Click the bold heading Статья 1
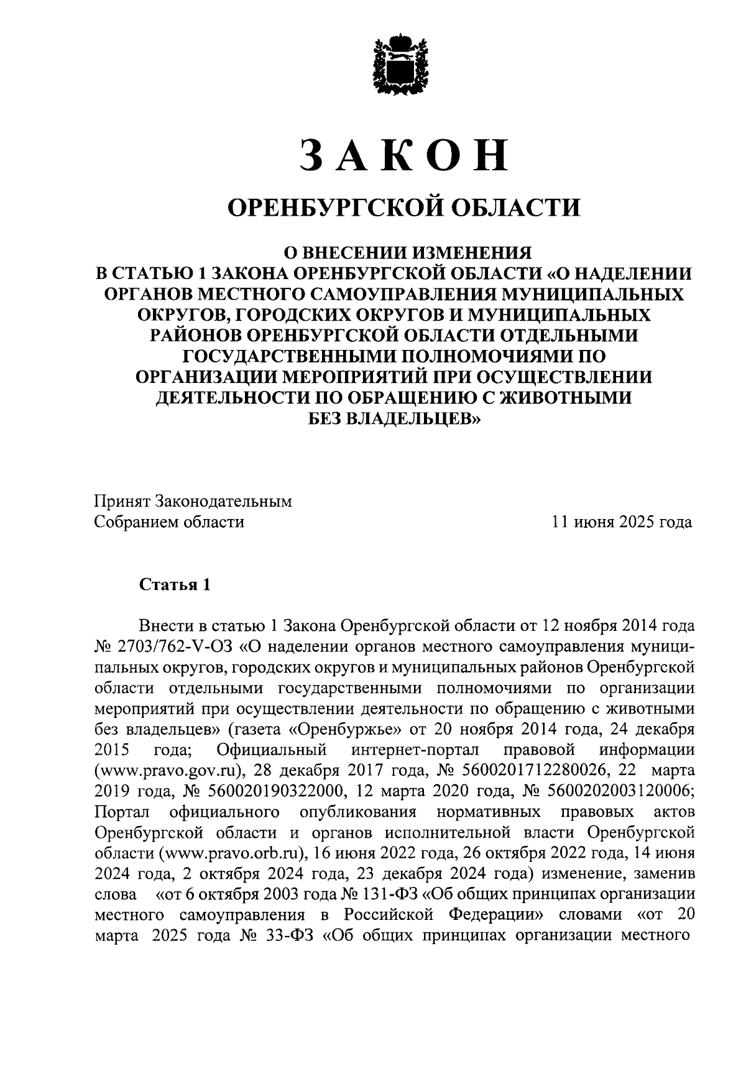coord(175,584)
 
